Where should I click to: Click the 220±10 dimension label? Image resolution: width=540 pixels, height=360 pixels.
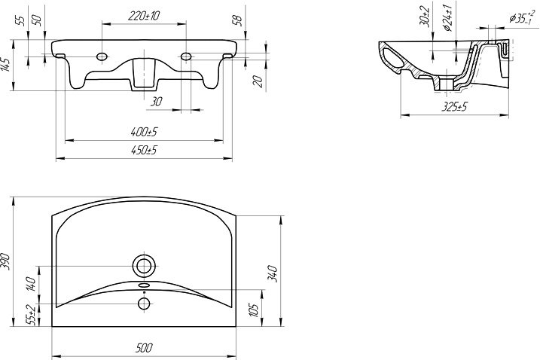pos(144,16)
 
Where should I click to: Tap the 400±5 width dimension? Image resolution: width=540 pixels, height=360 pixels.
pos(144,132)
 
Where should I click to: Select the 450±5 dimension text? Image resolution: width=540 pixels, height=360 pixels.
pos(144,150)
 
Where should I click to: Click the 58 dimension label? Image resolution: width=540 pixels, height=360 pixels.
pos(238,20)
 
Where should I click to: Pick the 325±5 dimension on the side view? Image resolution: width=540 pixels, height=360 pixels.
pos(455,107)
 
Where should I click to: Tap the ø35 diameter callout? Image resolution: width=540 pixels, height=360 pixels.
pos(523,17)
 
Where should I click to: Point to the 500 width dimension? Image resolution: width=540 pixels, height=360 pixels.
pos(144,348)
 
